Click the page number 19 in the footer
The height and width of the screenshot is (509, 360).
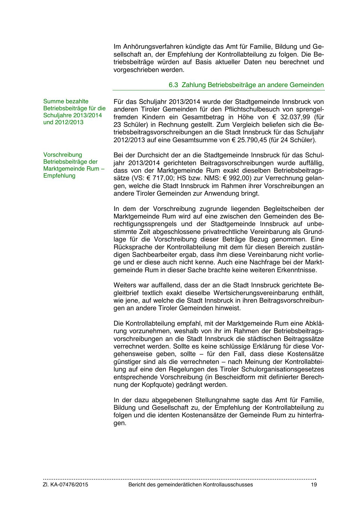point(314,485)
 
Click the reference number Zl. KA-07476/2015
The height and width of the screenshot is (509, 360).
point(66,485)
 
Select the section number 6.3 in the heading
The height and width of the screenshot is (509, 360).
point(173,85)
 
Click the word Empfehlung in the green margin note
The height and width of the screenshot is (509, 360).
point(59,176)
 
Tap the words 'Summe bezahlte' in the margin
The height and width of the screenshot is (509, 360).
point(66,101)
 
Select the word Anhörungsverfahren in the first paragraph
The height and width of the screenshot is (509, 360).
point(149,46)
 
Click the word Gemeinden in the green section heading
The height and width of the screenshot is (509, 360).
point(306,85)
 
